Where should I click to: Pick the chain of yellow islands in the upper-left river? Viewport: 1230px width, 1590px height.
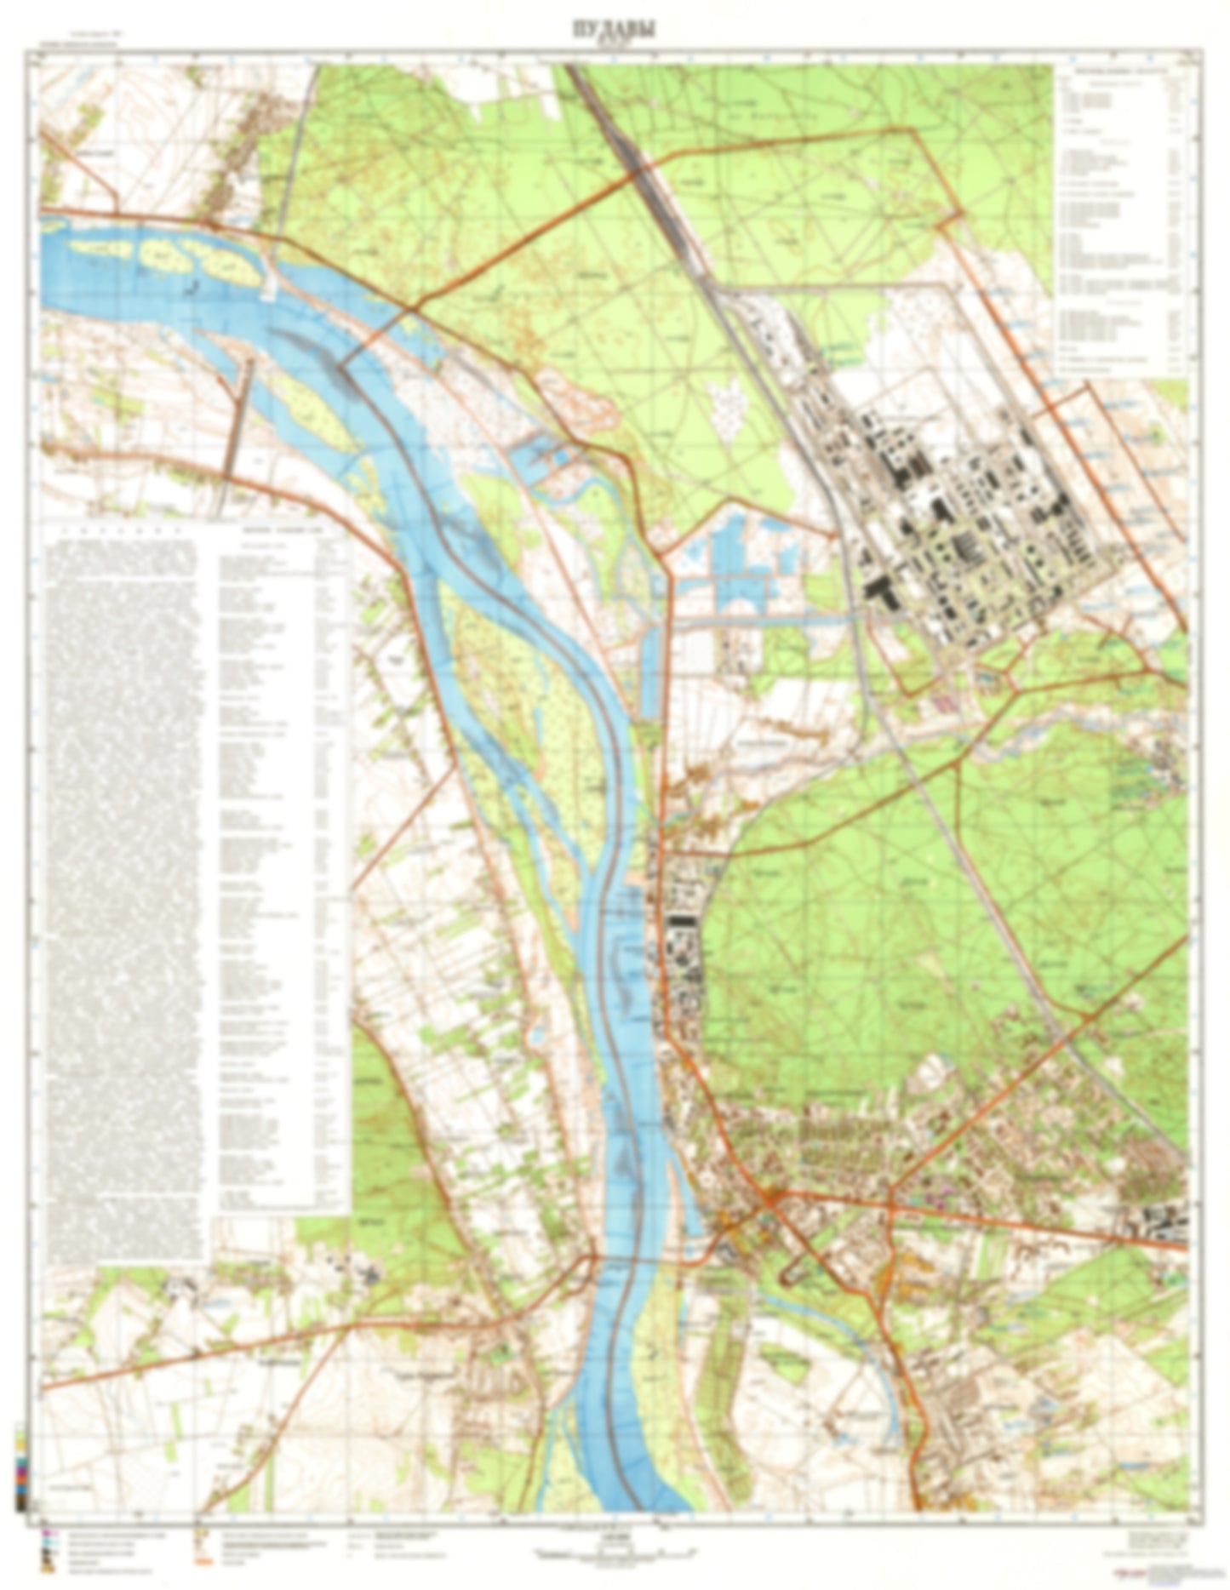(x=162, y=255)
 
